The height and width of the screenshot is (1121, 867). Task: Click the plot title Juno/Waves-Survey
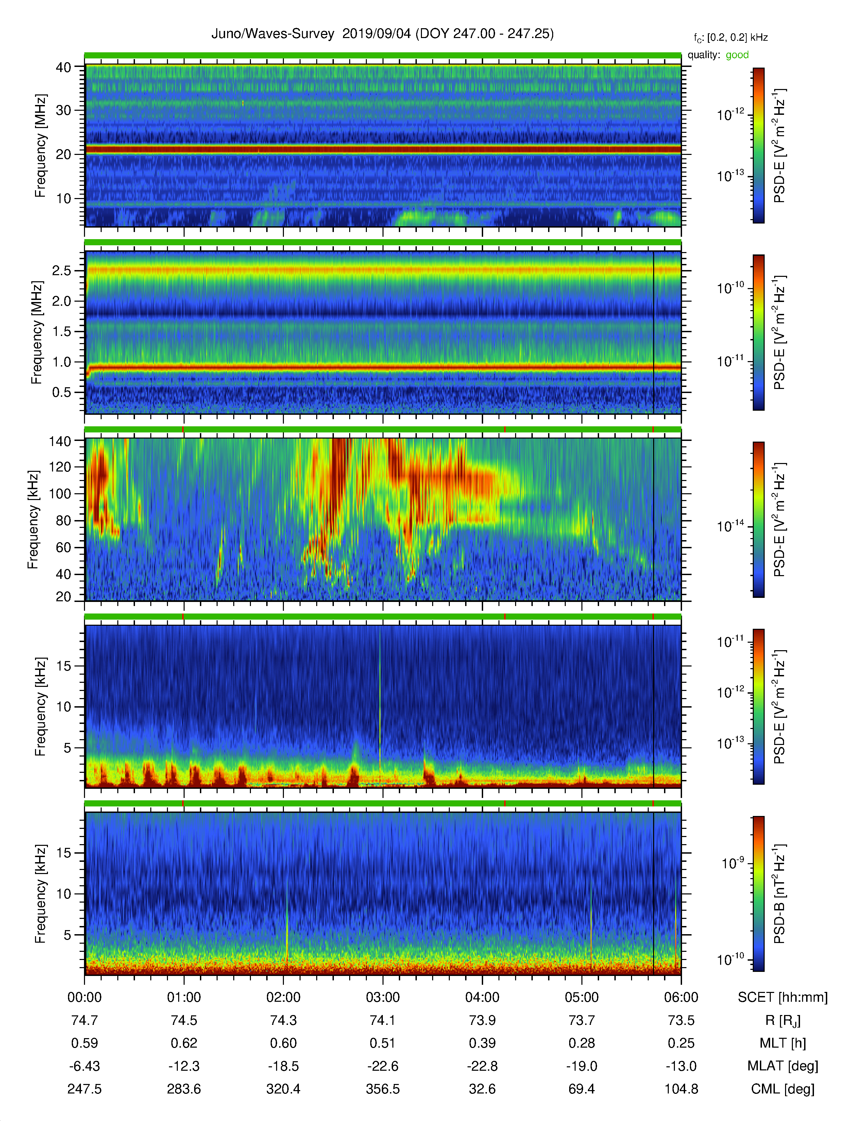click(x=273, y=34)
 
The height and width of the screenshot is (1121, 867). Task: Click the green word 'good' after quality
click(x=737, y=55)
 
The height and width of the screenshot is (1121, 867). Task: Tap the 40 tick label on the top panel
click(x=63, y=67)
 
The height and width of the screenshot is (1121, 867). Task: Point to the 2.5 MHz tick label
click(x=62, y=270)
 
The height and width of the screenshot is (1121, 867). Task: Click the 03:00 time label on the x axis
click(x=382, y=997)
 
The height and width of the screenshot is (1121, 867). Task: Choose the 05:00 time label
click(x=581, y=997)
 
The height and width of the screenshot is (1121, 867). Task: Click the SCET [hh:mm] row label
click(x=783, y=997)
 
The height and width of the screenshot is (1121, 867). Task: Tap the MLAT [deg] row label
click(x=783, y=1066)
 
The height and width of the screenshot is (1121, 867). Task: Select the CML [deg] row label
click(x=783, y=1089)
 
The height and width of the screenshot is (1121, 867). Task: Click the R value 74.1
click(x=382, y=1020)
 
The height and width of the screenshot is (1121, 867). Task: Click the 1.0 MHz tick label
click(x=62, y=362)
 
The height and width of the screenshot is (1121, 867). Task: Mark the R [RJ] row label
click(x=783, y=1020)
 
